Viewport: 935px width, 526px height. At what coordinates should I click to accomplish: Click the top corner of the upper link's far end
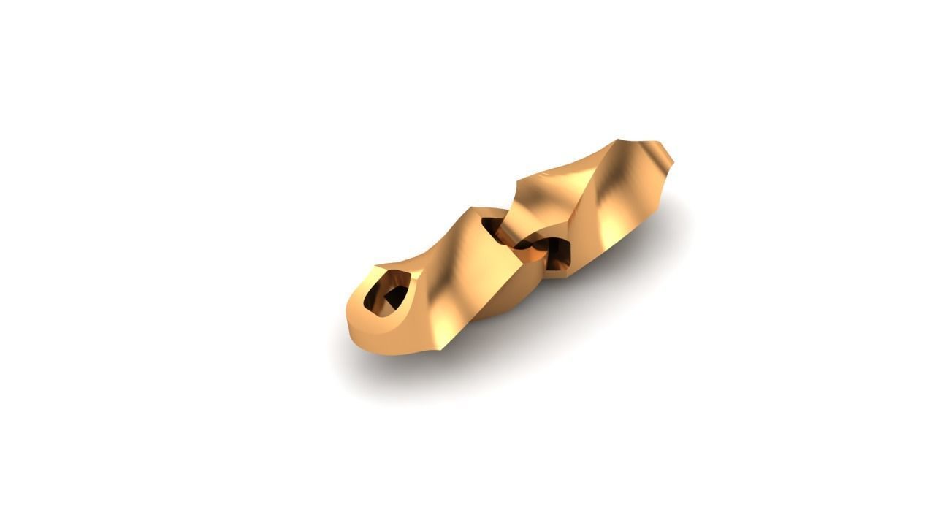click(625, 140)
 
